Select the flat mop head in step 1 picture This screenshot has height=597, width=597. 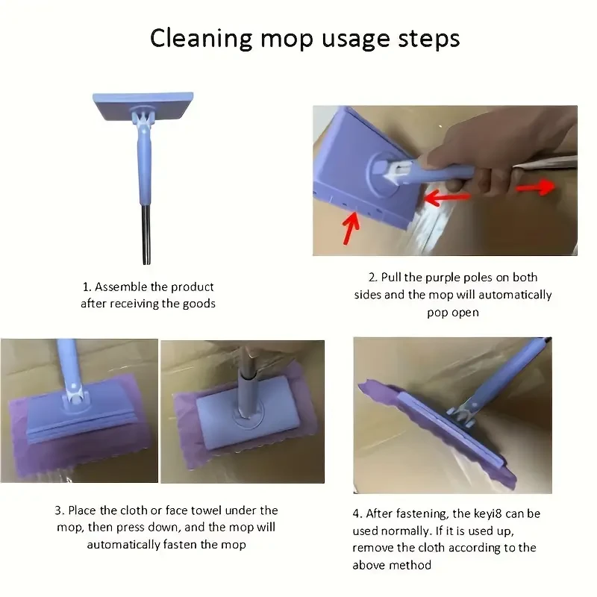[143, 106]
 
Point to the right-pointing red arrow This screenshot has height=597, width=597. [536, 187]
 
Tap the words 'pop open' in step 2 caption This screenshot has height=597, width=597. [452, 312]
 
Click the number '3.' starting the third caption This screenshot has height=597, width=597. [59, 510]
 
